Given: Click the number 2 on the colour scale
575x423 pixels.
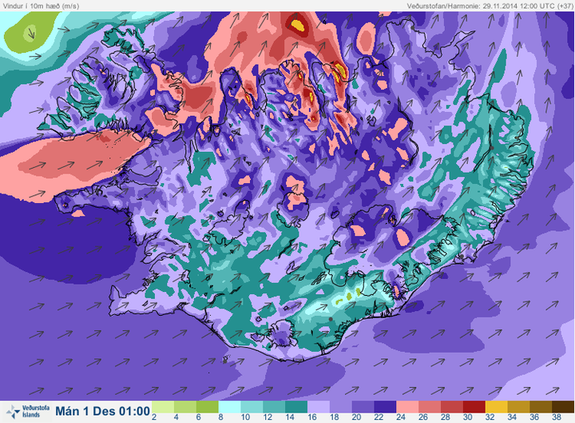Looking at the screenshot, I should point(153,417).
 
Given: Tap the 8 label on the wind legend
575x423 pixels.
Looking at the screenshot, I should point(220,417).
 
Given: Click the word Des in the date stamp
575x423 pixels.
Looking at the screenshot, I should point(98,410).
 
